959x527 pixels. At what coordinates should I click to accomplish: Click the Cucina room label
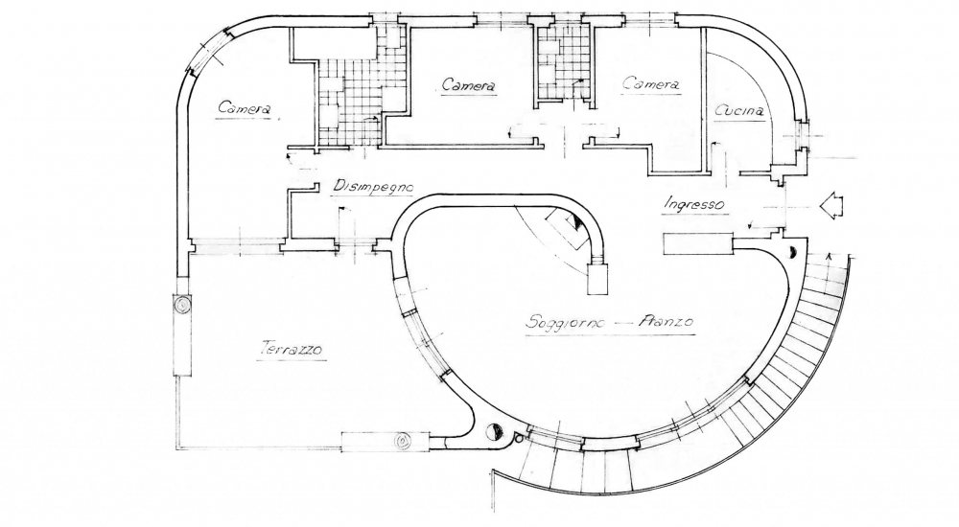[x=740, y=111]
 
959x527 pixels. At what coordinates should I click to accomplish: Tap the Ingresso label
[x=692, y=204]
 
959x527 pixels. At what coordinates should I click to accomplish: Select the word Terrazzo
[x=290, y=350]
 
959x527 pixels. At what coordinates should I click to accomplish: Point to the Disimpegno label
[x=372, y=187]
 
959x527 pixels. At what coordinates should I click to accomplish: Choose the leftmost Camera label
[x=244, y=109]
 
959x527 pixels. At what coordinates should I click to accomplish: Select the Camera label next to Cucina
[x=651, y=85]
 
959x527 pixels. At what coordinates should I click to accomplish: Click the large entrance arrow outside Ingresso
[x=830, y=205]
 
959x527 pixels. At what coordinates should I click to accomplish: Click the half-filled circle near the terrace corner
[x=495, y=433]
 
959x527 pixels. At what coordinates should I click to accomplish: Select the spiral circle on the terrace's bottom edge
[x=404, y=442]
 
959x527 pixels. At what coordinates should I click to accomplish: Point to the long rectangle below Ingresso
[x=697, y=243]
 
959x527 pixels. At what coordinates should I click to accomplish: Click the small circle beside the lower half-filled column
[x=518, y=438]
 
